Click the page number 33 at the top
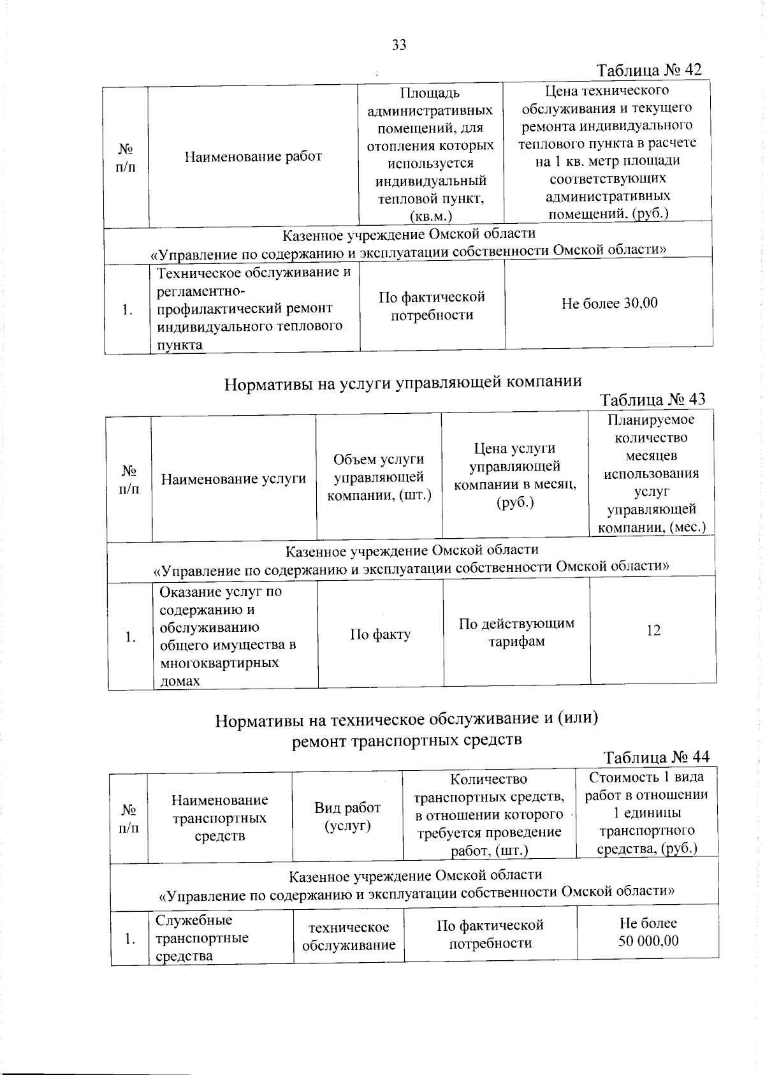pyautogui.click(x=399, y=45)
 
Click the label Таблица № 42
pyautogui.click(x=649, y=70)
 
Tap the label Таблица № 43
pyautogui.click(x=653, y=400)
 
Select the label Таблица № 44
pyautogui.click(x=656, y=757)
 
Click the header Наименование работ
pyautogui.click(x=253, y=156)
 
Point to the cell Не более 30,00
pyautogui.click(x=609, y=303)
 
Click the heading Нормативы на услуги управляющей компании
pyautogui.click(x=403, y=382)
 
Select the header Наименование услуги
pyautogui.click(x=233, y=479)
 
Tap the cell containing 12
pyautogui.click(x=653, y=631)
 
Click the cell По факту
pyautogui.click(x=380, y=634)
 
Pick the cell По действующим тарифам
pyautogui.click(x=516, y=632)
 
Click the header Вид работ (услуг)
pyautogui.click(x=347, y=817)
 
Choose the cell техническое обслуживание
pyautogui.click(x=348, y=936)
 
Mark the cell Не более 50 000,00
pyautogui.click(x=648, y=932)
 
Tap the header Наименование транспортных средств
pyautogui.click(x=219, y=818)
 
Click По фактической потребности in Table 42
pyautogui.click(x=432, y=306)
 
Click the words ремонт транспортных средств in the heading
pyautogui.click(x=407, y=740)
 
